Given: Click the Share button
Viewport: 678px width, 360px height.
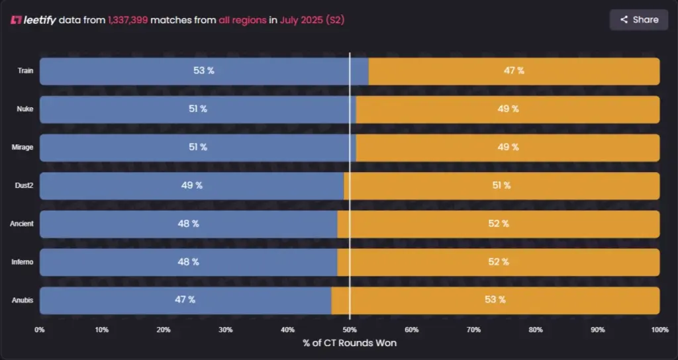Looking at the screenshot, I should [639, 20].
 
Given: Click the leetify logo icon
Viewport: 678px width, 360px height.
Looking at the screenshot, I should [16, 20].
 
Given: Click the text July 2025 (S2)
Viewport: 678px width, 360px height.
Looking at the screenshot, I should [312, 20].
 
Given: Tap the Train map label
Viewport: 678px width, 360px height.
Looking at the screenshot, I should [25, 71].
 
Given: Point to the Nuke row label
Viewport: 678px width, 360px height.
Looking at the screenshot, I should [25, 109].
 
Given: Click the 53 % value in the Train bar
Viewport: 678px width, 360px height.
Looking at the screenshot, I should [203, 71].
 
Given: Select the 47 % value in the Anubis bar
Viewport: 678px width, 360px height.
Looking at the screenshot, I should [185, 300].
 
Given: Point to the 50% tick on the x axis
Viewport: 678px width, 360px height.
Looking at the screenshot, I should [350, 330].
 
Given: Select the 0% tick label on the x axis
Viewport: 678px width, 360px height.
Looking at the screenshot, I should [40, 330].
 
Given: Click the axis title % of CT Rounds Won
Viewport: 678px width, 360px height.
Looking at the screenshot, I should [350, 343].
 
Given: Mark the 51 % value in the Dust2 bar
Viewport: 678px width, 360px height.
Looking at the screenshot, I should [501, 186].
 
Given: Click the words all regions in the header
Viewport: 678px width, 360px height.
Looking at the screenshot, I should [242, 20].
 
